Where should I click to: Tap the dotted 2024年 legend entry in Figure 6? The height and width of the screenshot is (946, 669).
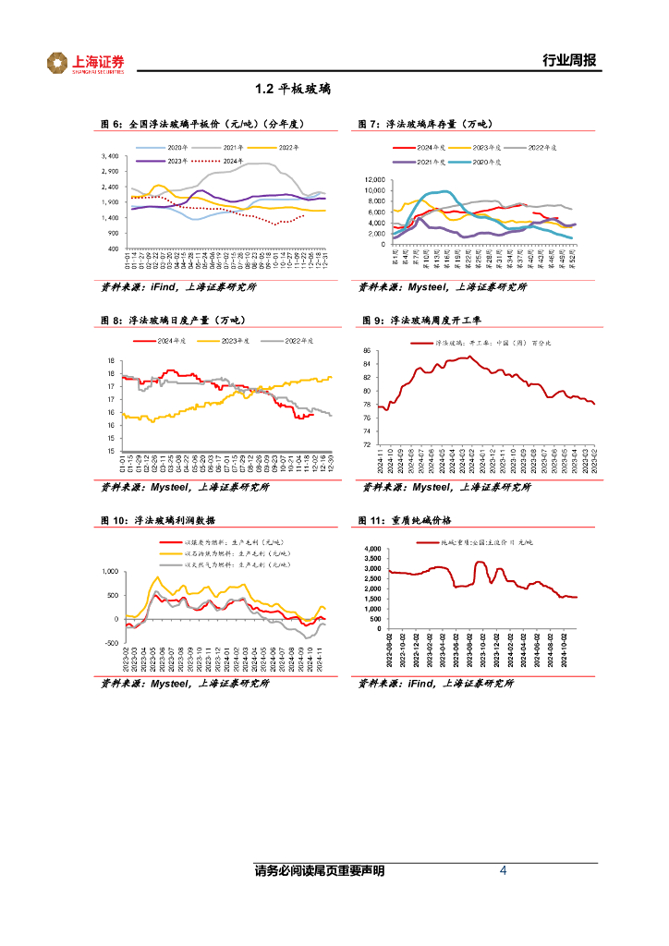[x=222, y=161]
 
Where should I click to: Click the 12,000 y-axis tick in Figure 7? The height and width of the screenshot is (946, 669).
[x=373, y=180]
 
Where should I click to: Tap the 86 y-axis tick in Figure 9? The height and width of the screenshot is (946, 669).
[x=367, y=351]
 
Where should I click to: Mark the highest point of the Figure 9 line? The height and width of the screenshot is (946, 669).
[x=469, y=357]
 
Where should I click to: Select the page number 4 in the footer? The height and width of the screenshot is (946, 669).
[x=503, y=870]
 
